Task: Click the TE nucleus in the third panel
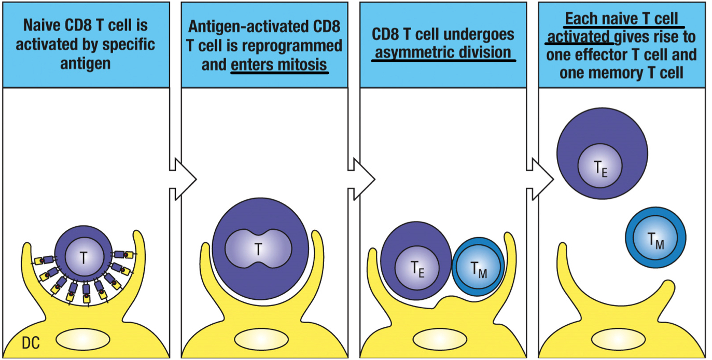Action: pos(417,268)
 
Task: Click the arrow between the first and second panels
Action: pos(182,179)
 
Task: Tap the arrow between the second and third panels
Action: pos(361,179)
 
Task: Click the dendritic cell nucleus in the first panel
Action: pos(82,339)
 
